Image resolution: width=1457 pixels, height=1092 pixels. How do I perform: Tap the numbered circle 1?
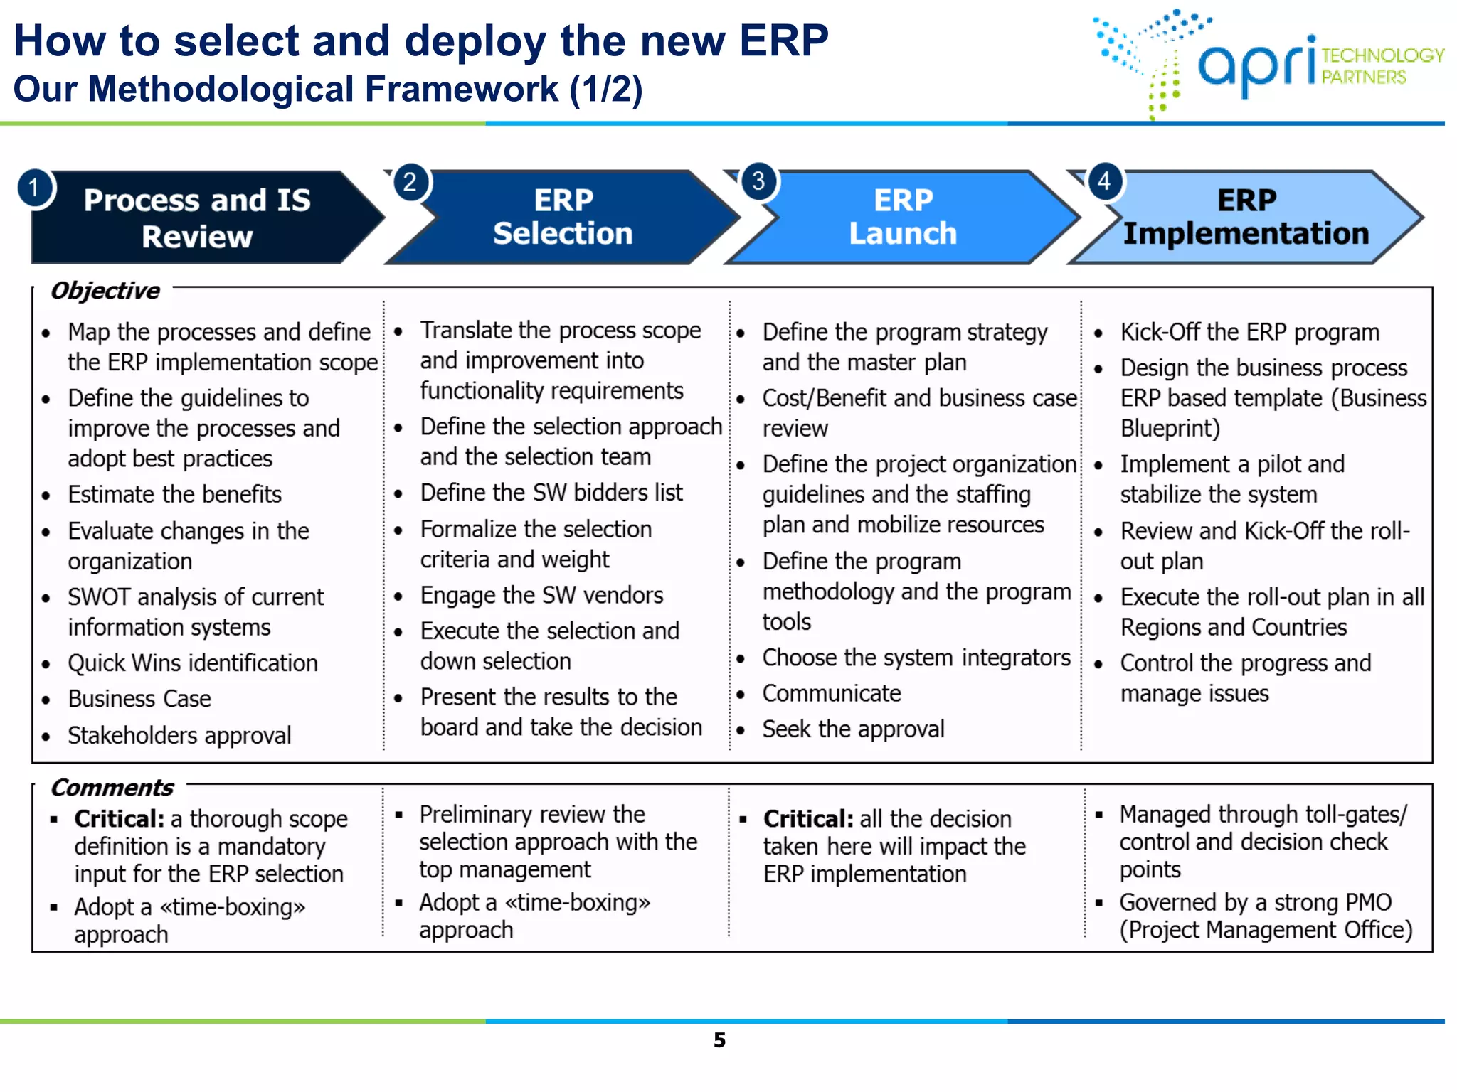pyautogui.click(x=34, y=188)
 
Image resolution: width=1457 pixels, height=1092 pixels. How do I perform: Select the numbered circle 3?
pyautogui.click(x=758, y=181)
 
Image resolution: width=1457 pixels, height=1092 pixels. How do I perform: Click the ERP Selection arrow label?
pyautogui.click(x=563, y=217)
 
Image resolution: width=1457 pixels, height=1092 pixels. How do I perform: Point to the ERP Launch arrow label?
pyautogui.click(x=903, y=217)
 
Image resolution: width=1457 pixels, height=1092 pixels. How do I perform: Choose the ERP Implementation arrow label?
pyautogui.click(x=1246, y=217)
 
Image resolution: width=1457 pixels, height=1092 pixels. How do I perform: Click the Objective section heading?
pyautogui.click(x=105, y=291)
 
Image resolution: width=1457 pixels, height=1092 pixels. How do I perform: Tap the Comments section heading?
pyautogui.click(x=112, y=788)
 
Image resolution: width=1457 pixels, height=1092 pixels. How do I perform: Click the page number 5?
pyautogui.click(x=719, y=1040)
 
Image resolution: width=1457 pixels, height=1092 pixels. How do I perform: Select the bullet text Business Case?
pyautogui.click(x=139, y=699)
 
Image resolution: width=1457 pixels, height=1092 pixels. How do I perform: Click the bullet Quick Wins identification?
pyautogui.click(x=192, y=663)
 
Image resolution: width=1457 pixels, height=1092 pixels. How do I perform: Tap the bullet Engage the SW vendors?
pyautogui.click(x=541, y=595)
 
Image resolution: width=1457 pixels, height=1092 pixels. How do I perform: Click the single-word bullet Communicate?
pyautogui.click(x=831, y=693)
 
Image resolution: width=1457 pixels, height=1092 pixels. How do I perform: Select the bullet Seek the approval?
pyautogui.click(x=853, y=729)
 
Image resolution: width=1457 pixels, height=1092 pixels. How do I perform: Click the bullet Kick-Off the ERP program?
pyautogui.click(x=1249, y=332)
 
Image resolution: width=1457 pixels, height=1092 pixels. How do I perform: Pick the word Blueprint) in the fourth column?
pyautogui.click(x=1170, y=429)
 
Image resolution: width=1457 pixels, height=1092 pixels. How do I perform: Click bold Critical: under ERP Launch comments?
pyautogui.click(x=807, y=819)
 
